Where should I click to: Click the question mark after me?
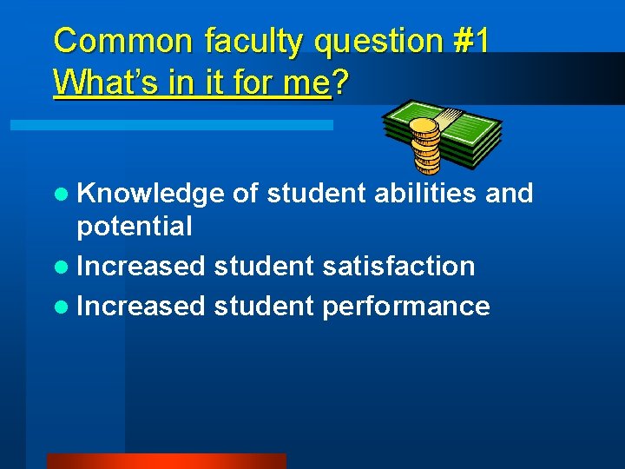coord(340,83)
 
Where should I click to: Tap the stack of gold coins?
coord(424,144)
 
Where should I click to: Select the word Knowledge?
coord(151,194)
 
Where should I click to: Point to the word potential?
coord(135,227)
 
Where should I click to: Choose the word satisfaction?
coord(398,266)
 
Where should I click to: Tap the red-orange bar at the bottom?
coord(166,461)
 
